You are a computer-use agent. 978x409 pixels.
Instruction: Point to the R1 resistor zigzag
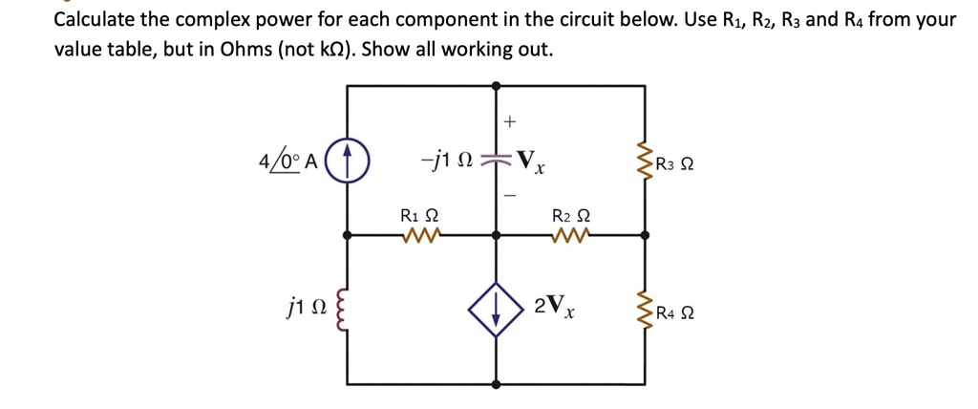point(419,233)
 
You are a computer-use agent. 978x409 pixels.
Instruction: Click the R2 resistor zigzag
point(570,233)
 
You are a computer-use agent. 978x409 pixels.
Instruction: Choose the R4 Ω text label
point(675,311)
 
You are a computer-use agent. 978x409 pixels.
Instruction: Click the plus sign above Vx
point(509,122)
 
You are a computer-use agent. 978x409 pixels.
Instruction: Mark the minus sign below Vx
point(509,194)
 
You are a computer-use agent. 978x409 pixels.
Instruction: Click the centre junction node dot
point(496,233)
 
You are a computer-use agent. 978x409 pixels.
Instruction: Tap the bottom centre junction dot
point(496,384)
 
